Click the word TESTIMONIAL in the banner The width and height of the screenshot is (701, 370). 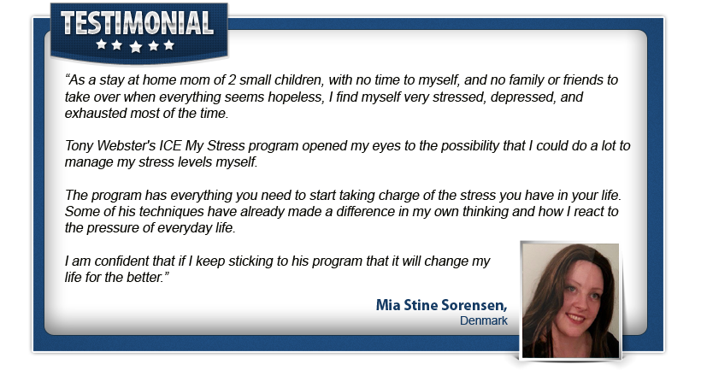tap(137, 23)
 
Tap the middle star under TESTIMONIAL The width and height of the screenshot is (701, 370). tap(135, 46)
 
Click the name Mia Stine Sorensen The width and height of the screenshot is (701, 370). tap(441, 305)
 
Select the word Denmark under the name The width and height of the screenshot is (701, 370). tap(483, 320)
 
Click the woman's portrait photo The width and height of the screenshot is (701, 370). tap(570, 300)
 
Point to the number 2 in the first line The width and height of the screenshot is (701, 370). tap(232, 80)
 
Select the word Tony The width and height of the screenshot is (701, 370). tap(80, 146)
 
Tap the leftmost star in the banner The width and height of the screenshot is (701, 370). tap(102, 44)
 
